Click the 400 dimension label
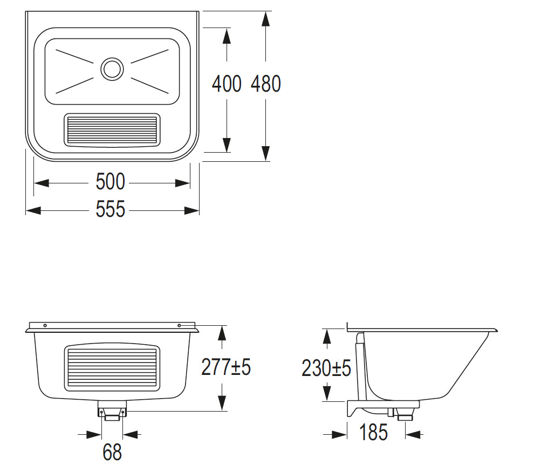(x=227, y=84)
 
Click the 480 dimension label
(x=266, y=84)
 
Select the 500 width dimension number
(x=110, y=181)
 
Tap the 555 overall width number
(x=110, y=209)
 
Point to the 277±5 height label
(x=225, y=367)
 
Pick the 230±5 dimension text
(x=326, y=368)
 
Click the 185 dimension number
(x=373, y=432)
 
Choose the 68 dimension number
(x=112, y=452)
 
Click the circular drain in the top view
(x=112, y=69)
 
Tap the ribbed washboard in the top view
(x=112, y=130)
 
